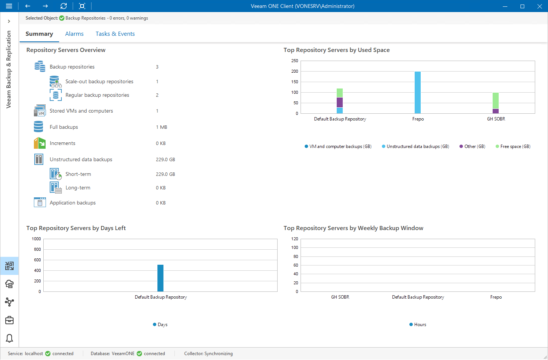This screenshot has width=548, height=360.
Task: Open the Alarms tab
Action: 74,34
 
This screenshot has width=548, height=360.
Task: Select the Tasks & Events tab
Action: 115,34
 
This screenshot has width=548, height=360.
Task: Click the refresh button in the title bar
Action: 64,6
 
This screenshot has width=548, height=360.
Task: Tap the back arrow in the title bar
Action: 27,6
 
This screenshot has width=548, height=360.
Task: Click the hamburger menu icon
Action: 9,6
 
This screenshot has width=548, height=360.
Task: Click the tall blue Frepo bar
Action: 418,92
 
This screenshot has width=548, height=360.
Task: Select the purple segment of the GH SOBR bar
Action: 496,111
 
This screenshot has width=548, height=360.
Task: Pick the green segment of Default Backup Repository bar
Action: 340,93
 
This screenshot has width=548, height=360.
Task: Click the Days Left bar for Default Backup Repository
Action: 160,278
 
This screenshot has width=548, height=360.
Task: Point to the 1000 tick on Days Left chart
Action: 37,239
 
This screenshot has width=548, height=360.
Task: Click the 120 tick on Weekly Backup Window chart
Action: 295,239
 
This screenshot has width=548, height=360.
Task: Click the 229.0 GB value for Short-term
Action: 165,174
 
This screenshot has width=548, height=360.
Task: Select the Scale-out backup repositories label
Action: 99,82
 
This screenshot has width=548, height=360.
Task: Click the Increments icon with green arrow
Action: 40,143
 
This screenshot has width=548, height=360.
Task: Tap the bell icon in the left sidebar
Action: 9,338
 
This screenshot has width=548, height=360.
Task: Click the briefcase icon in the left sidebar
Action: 9,320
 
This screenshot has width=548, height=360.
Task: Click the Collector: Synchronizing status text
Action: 208,354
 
